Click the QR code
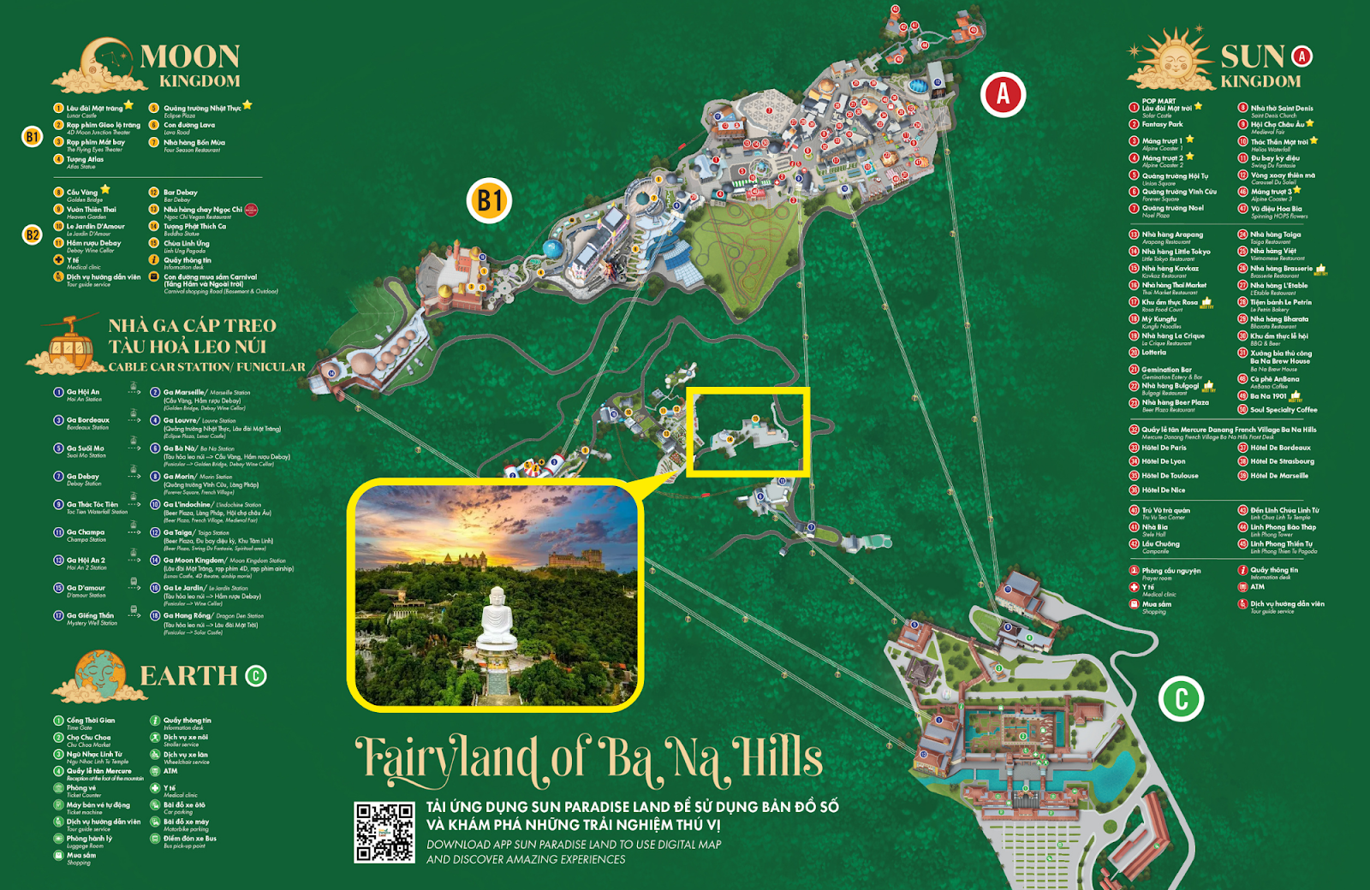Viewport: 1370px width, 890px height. pyautogui.click(x=384, y=833)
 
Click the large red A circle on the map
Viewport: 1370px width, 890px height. pyautogui.click(x=1003, y=94)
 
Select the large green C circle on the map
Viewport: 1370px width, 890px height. pyautogui.click(x=1181, y=698)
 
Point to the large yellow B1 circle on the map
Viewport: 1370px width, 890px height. pyautogui.click(x=489, y=201)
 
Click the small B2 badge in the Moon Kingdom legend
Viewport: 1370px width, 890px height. pyautogui.click(x=32, y=234)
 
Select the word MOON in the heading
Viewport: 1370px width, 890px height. pyautogui.click(x=189, y=56)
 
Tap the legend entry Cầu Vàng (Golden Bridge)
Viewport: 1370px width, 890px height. pyautogui.click(x=82, y=193)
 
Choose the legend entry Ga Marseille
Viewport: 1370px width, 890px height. pyautogui.click(x=183, y=392)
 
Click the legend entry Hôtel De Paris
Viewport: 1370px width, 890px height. pyautogui.click(x=1164, y=448)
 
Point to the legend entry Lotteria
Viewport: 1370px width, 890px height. pyautogui.click(x=1153, y=353)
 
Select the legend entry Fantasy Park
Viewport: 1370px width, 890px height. pyautogui.click(x=1161, y=124)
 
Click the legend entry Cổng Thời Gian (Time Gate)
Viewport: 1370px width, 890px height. pyautogui.click(x=90, y=721)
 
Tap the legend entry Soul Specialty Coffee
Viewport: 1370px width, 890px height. pyautogui.click(x=1283, y=410)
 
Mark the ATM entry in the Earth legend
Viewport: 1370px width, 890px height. pyautogui.click(x=170, y=771)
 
